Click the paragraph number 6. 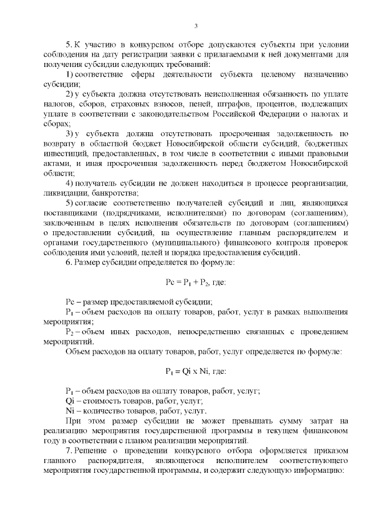(68, 263)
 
